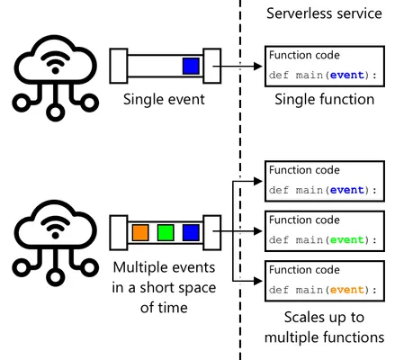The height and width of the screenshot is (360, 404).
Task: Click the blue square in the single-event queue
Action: point(191,66)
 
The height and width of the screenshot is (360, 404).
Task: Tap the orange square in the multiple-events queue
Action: point(140,232)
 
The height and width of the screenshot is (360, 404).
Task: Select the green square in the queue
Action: point(166,232)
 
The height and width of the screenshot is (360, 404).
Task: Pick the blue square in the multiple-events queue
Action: point(191,232)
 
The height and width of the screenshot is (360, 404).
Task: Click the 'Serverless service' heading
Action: point(324,13)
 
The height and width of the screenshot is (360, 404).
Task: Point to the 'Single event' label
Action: point(164,99)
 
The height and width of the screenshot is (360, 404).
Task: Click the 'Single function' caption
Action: point(325,99)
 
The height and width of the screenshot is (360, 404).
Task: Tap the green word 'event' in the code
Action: point(347,240)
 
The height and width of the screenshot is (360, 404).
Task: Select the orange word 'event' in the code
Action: point(347,290)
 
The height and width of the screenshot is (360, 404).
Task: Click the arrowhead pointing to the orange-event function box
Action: point(258,281)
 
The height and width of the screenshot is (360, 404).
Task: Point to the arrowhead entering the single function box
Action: point(258,66)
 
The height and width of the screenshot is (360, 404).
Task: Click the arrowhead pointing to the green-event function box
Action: point(258,231)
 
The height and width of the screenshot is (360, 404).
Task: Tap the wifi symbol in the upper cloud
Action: point(55,62)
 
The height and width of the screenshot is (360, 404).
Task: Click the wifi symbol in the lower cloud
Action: point(55,227)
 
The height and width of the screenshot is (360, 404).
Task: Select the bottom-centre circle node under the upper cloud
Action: point(55,112)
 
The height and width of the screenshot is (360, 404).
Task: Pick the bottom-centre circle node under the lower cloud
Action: point(55,277)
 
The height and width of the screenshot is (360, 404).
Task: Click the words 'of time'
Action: point(164,308)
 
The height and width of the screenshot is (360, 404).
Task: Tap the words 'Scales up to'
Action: point(324,318)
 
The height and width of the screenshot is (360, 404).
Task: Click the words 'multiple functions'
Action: point(324,337)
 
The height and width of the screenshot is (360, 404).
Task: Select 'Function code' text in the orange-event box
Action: point(304,270)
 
